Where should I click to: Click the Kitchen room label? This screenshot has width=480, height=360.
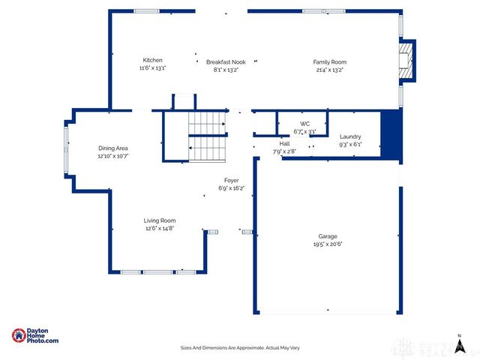coord(152,61)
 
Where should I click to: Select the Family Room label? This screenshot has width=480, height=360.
coord(329,62)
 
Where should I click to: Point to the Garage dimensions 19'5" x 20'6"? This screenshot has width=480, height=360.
coord(328,244)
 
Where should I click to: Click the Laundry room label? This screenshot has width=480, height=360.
coord(349,136)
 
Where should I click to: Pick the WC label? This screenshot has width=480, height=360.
coord(304,124)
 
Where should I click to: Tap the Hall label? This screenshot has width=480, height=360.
coord(284,143)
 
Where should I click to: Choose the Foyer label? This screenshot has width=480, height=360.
coord(231,181)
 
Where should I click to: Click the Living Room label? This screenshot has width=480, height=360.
coord(160,220)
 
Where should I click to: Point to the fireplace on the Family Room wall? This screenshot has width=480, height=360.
coord(405,59)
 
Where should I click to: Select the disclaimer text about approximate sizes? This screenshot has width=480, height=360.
coord(240,348)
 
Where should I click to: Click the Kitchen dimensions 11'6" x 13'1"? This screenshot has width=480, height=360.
coord(152,68)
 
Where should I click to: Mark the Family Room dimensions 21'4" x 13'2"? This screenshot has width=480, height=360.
coord(329,70)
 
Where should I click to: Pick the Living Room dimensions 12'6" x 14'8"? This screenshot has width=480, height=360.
coord(160,228)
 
